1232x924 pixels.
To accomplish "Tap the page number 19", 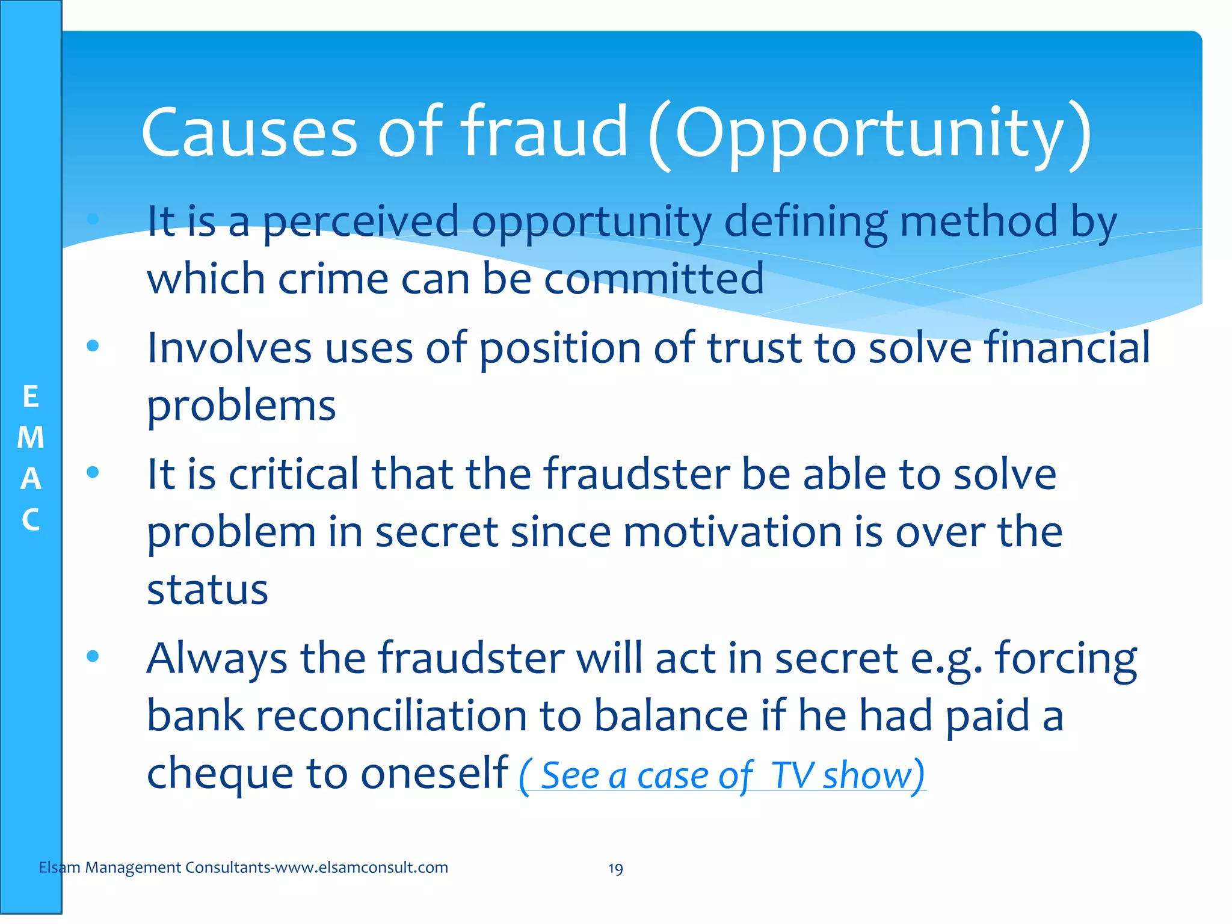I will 615,869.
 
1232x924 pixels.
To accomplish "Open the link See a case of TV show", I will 722,775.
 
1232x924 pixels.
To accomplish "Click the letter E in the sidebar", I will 31,397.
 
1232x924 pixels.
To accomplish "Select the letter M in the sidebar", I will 31,437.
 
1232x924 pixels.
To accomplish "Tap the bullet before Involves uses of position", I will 93,346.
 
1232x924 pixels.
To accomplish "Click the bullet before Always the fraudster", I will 93,656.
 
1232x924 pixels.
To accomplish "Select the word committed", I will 654,279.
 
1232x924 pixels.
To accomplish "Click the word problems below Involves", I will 241,407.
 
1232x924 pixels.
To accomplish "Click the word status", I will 208,590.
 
